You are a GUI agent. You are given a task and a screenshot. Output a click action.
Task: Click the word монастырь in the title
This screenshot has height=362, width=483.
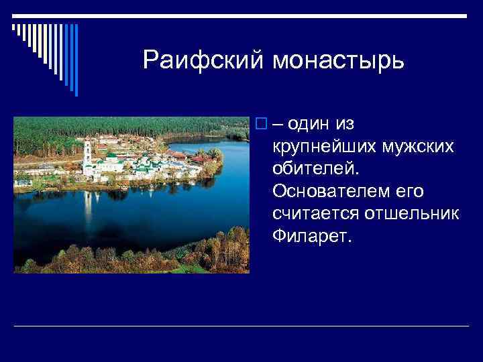(338, 62)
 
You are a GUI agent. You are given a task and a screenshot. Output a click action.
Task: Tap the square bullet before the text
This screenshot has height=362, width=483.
(260, 125)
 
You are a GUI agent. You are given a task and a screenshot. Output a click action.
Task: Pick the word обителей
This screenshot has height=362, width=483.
(311, 169)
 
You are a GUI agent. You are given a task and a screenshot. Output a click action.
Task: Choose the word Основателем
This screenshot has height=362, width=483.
(329, 192)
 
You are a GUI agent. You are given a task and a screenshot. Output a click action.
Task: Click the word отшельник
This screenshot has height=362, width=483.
(411, 214)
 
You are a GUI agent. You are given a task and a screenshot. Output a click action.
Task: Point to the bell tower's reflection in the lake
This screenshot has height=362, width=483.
(88, 204)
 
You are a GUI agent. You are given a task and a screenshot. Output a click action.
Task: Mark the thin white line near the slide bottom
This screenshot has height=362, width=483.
(241, 326)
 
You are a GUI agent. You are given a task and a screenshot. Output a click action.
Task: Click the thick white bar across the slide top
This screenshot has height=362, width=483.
(241, 15)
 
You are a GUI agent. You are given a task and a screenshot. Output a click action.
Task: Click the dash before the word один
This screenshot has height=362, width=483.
(276, 125)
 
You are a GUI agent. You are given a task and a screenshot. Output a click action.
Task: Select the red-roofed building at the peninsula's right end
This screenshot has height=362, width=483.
(200, 160)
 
